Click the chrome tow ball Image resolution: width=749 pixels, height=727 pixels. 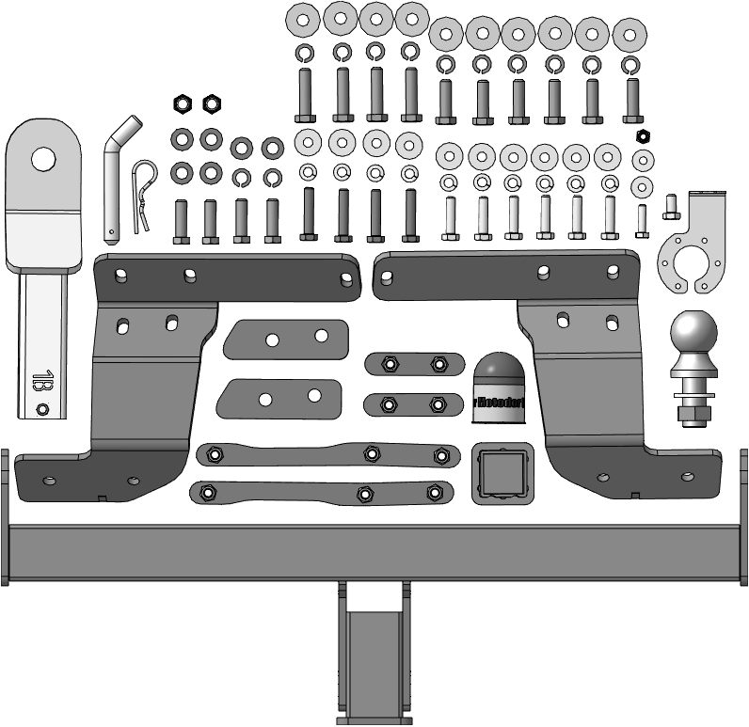[693, 336]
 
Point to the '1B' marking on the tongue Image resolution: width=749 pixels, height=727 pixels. [41, 381]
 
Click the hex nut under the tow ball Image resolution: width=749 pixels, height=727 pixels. [693, 413]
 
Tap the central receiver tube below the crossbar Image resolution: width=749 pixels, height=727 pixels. [375, 654]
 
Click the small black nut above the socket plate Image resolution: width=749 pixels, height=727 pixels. [644, 137]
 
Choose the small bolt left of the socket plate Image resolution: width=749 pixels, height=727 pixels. [671, 205]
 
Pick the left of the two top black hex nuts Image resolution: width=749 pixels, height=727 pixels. [182, 103]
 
